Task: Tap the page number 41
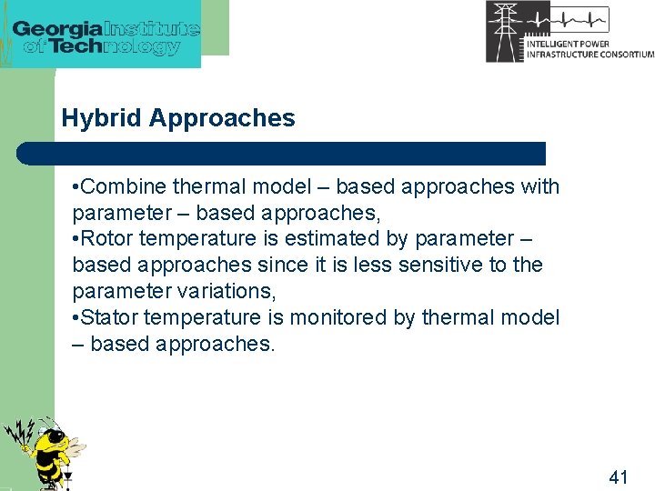point(619,476)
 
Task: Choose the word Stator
point(110,318)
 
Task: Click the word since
point(280,266)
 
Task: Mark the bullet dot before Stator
point(76,318)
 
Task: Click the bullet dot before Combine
point(76,187)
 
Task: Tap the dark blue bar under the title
point(282,153)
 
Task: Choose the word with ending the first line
point(540,187)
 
